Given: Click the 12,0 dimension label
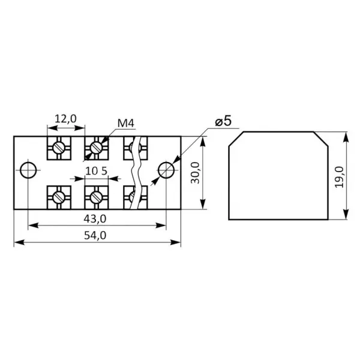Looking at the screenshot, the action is pos(65,119).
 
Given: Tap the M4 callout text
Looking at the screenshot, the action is pos(125,123).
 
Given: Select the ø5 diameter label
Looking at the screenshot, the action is pos(223,121).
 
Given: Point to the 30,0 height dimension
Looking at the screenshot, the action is pos(196,173).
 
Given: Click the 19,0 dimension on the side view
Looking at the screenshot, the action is pos(339,177).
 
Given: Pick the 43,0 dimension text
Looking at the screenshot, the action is pos(95,219).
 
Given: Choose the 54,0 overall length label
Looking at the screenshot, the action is pos(95,236).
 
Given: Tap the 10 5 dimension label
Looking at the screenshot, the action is pos(97,171).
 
